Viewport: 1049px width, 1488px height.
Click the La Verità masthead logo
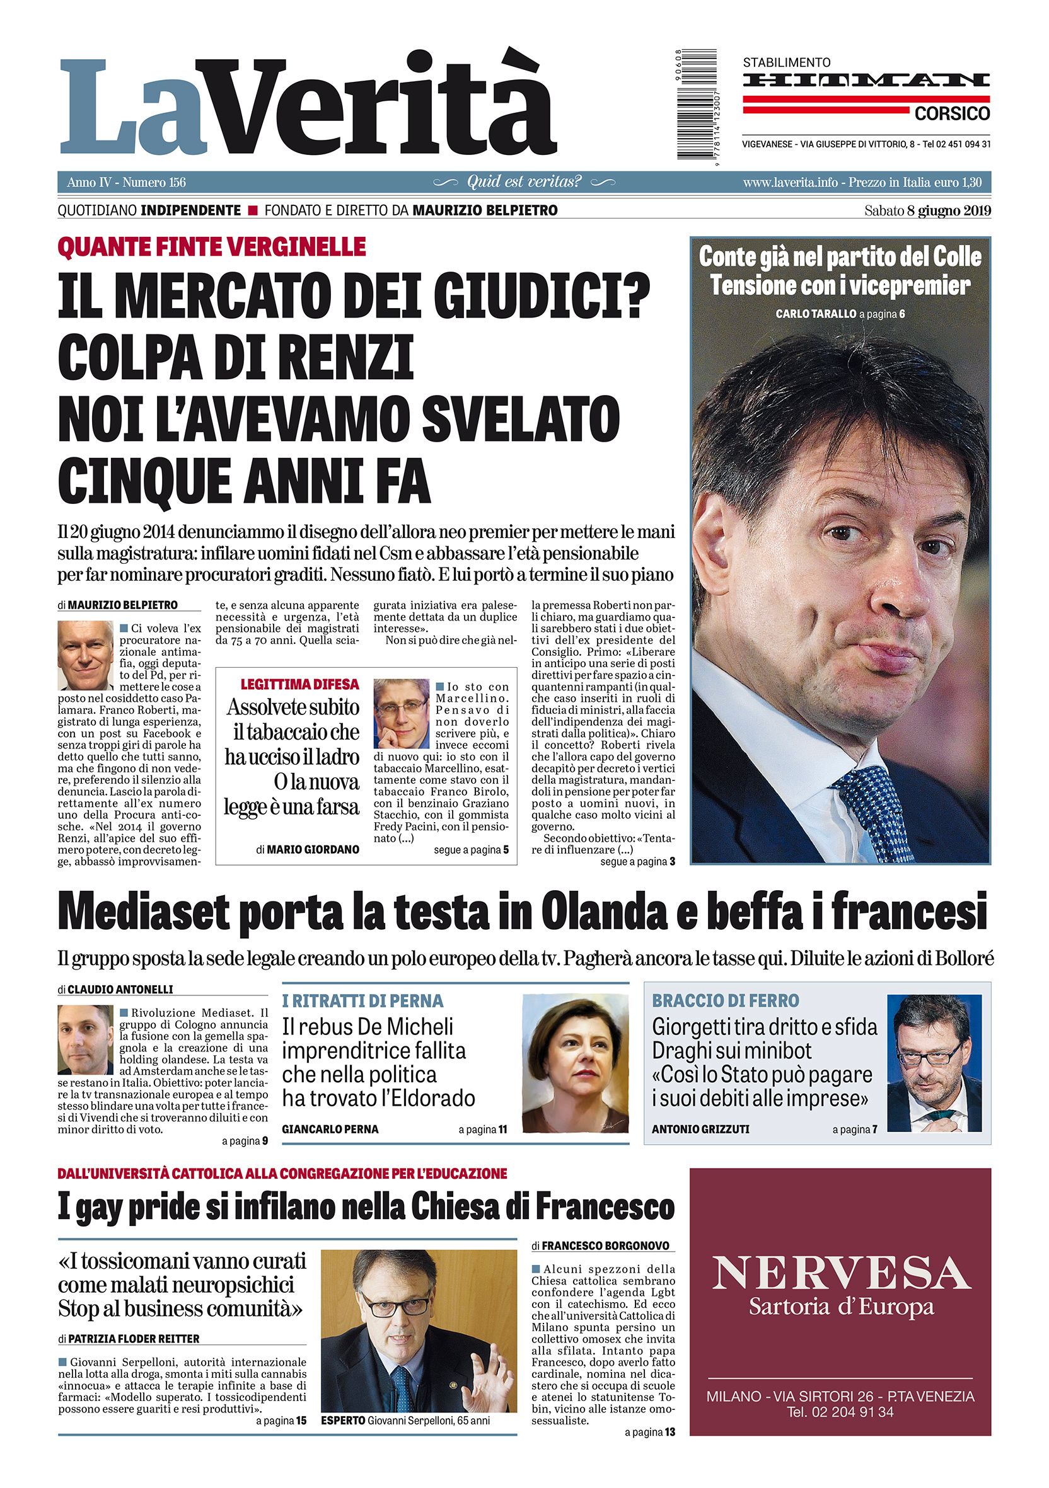[x=308, y=107]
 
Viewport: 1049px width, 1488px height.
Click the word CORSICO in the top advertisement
[x=952, y=114]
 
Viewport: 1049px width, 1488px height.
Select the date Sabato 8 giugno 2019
[x=927, y=210]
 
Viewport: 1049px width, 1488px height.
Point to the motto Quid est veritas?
[x=524, y=182]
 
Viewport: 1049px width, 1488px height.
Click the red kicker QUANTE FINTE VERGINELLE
[x=212, y=246]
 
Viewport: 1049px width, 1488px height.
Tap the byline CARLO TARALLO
[x=815, y=314]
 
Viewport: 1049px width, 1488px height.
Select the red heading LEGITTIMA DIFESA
[x=299, y=684]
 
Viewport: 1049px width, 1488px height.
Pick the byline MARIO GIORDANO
[x=313, y=849]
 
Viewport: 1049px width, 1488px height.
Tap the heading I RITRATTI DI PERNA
[x=362, y=1000]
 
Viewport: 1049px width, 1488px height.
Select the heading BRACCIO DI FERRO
[x=726, y=1000]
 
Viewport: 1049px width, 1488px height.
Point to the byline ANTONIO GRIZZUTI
[x=700, y=1129]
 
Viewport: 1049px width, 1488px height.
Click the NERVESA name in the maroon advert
[x=841, y=1273]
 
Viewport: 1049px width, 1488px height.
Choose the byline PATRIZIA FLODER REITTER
[x=134, y=1339]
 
